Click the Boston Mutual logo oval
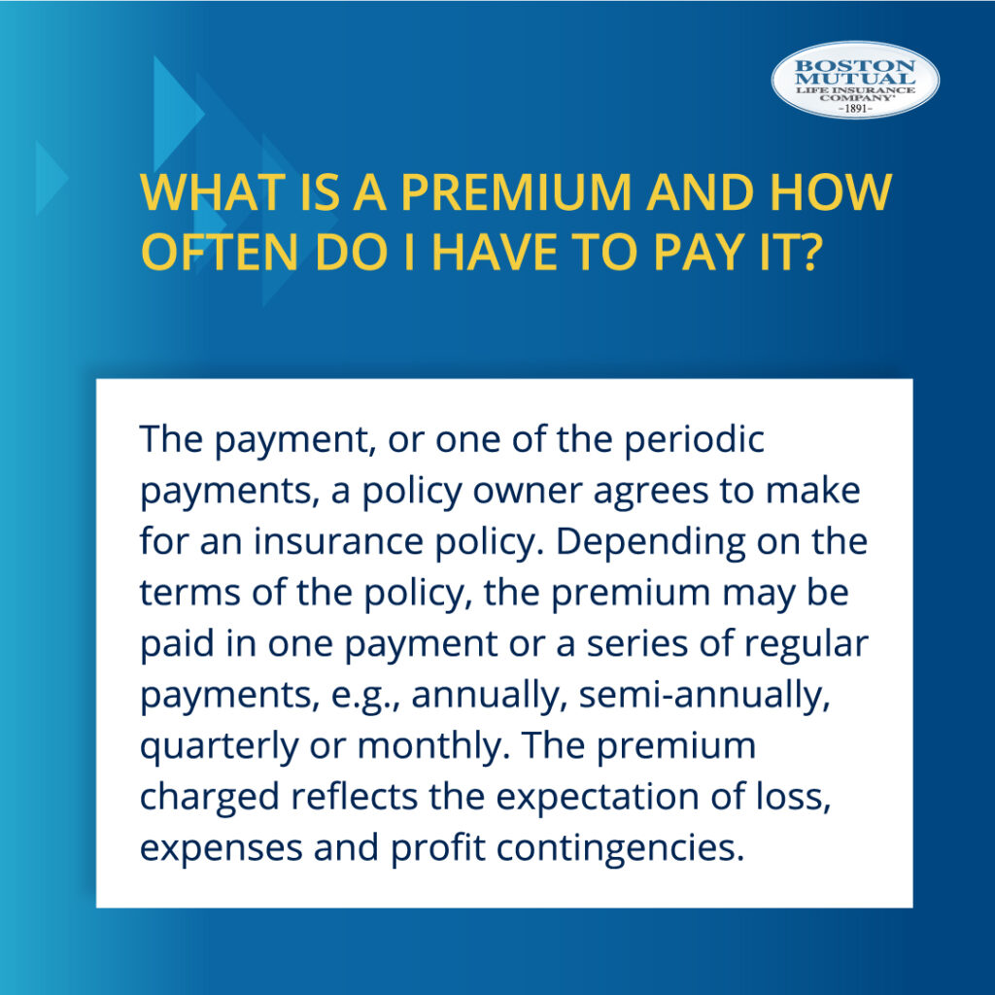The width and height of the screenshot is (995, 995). (855, 80)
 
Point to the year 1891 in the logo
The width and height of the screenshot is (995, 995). (855, 109)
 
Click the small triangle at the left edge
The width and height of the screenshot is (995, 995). (49, 177)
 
